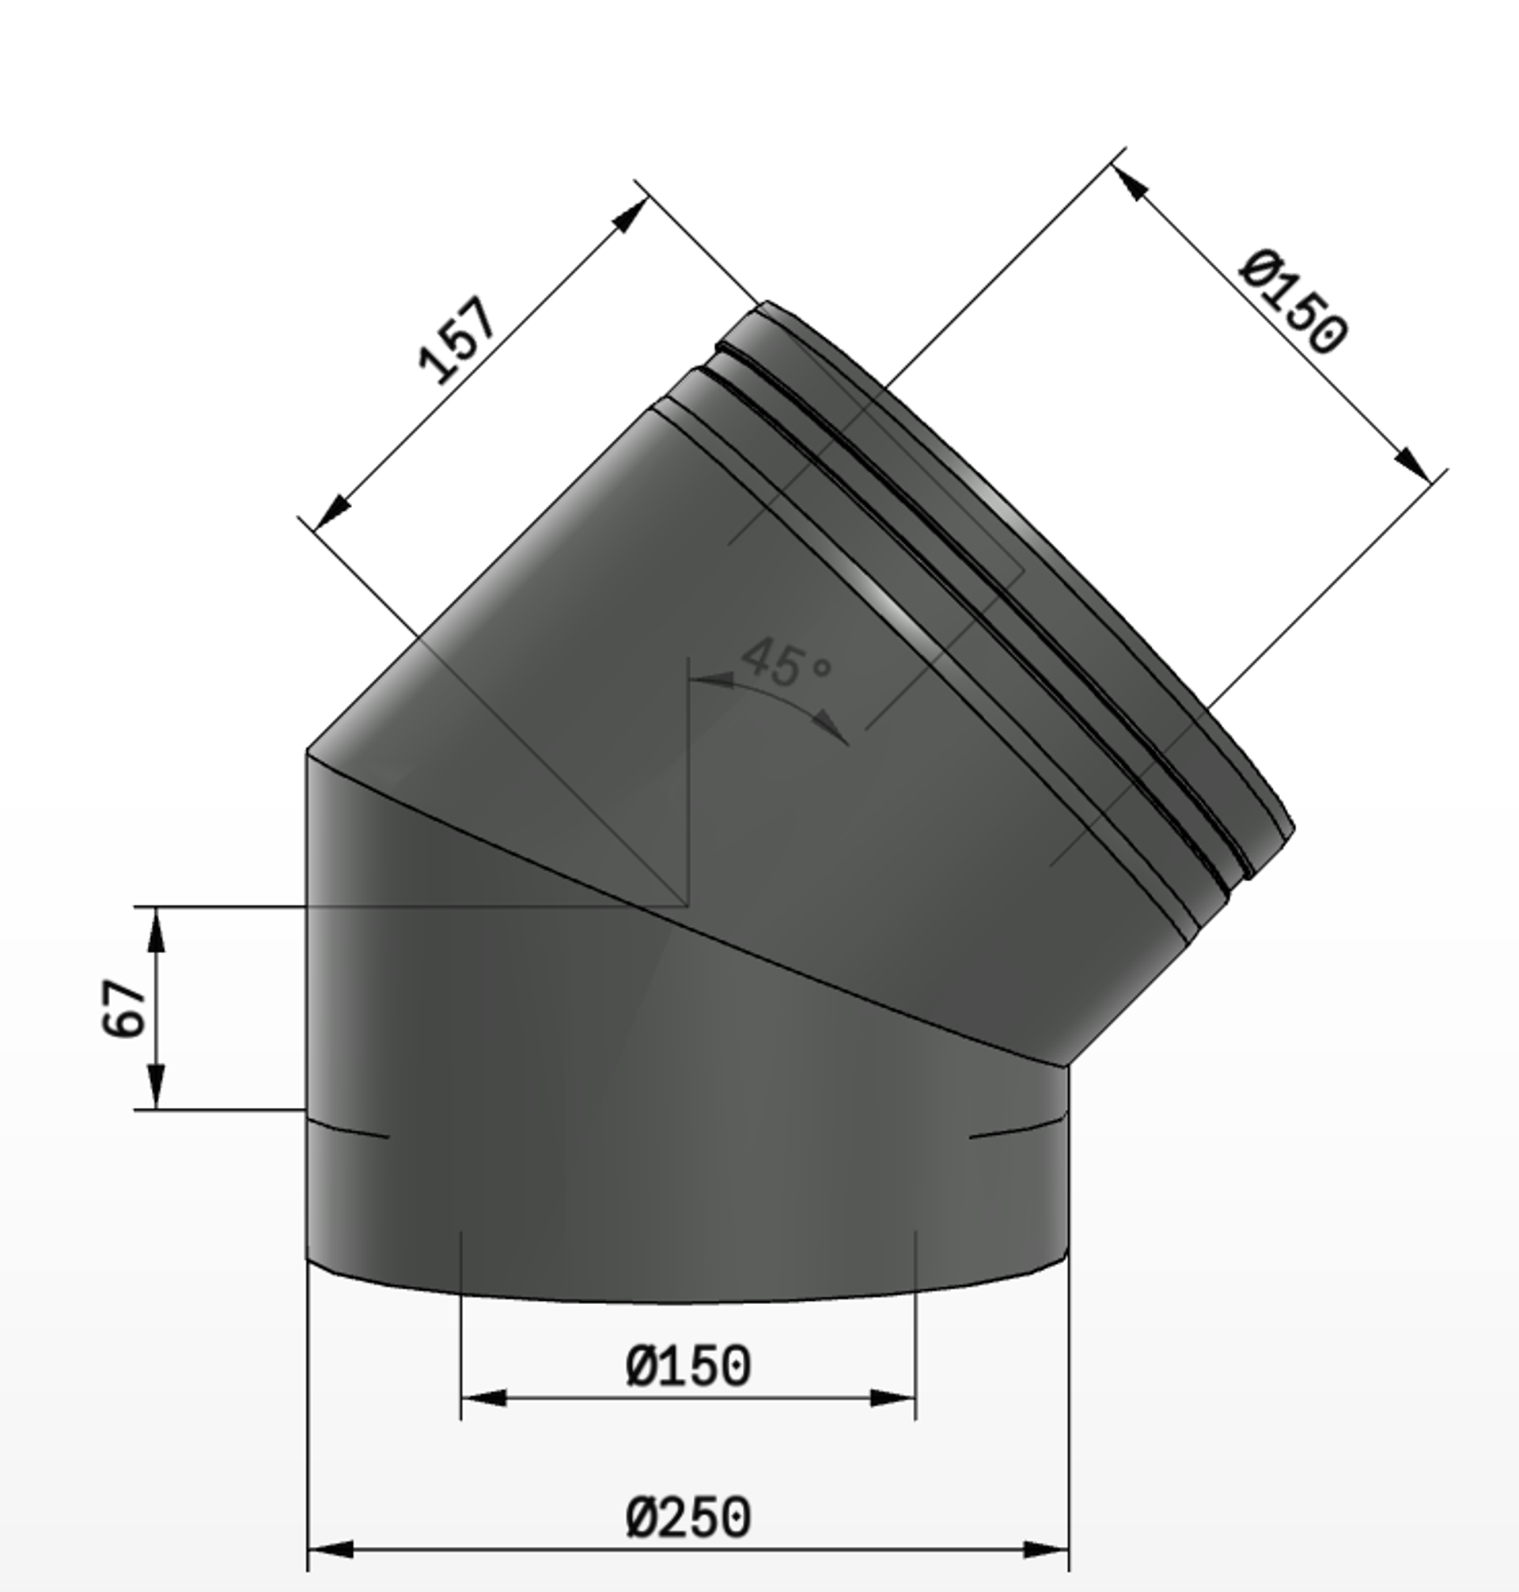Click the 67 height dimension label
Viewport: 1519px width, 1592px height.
click(x=124, y=1008)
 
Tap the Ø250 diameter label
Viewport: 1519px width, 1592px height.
click(x=688, y=1518)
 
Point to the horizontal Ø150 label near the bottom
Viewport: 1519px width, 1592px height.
click(x=688, y=1366)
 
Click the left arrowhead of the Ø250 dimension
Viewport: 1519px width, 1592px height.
click(x=331, y=1549)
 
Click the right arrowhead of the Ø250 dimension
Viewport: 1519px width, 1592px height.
click(x=1046, y=1549)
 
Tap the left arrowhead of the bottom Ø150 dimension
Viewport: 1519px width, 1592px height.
click(x=484, y=1397)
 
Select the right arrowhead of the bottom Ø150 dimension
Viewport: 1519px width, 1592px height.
click(x=892, y=1397)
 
